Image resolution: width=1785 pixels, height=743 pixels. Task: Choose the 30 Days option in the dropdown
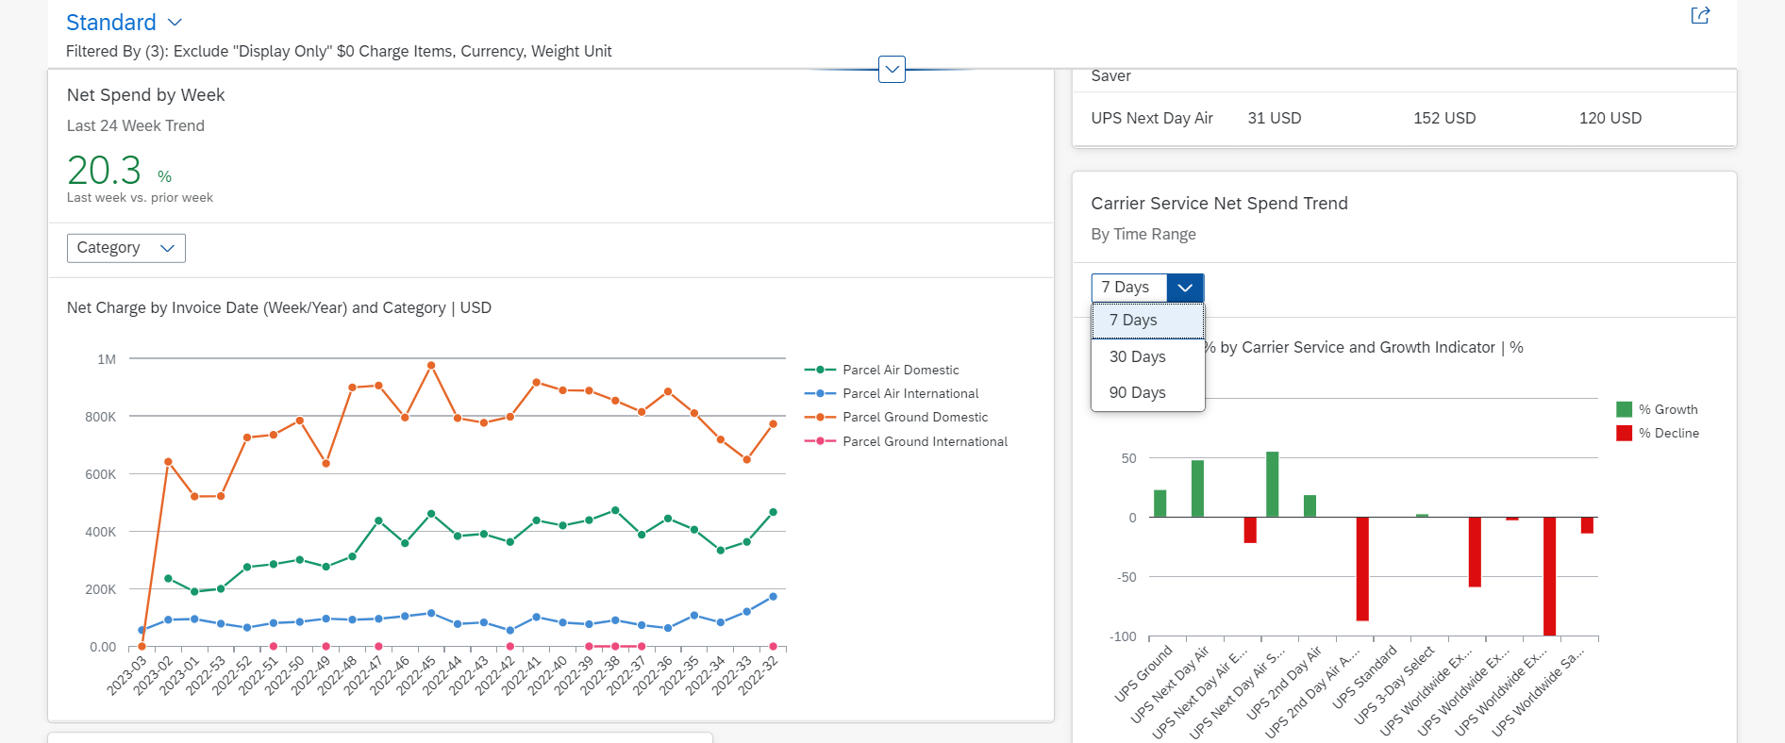[1138, 356]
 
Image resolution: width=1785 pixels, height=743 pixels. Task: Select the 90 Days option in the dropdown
[1138, 392]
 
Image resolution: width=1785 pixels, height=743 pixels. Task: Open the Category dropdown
[126, 248]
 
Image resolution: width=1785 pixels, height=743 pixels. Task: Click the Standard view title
[111, 22]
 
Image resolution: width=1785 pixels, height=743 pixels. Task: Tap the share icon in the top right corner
[1700, 15]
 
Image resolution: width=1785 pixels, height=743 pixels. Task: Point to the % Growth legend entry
[1657, 409]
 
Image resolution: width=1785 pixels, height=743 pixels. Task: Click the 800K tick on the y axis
[101, 417]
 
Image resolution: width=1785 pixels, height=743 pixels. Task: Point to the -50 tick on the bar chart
[1126, 577]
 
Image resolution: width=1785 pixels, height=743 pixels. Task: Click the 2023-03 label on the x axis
[127, 675]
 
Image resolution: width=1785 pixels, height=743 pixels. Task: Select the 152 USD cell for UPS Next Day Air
[1444, 118]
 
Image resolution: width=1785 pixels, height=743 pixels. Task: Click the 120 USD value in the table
[1610, 118]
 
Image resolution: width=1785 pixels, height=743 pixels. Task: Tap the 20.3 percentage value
[104, 171]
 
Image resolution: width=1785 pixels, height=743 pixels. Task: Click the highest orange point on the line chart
[431, 365]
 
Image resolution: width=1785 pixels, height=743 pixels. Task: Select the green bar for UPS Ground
[1160, 504]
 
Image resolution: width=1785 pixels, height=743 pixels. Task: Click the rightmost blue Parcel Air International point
[774, 597]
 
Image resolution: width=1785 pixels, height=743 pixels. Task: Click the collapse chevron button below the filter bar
[892, 69]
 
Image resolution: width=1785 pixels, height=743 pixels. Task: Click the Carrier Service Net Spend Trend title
[1219, 204]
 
